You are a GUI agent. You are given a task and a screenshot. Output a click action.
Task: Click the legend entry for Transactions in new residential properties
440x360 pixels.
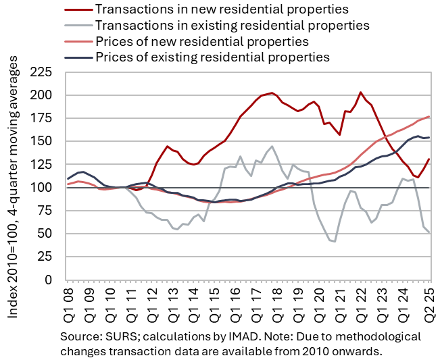click(x=222, y=9)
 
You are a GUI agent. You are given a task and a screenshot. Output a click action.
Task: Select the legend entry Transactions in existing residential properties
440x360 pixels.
click(x=233, y=25)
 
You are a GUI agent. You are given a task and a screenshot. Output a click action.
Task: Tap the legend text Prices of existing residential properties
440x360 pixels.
click(x=212, y=57)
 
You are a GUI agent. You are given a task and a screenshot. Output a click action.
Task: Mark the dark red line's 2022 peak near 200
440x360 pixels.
click(x=360, y=92)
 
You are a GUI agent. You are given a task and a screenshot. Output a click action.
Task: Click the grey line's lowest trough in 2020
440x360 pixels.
click(x=335, y=241)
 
